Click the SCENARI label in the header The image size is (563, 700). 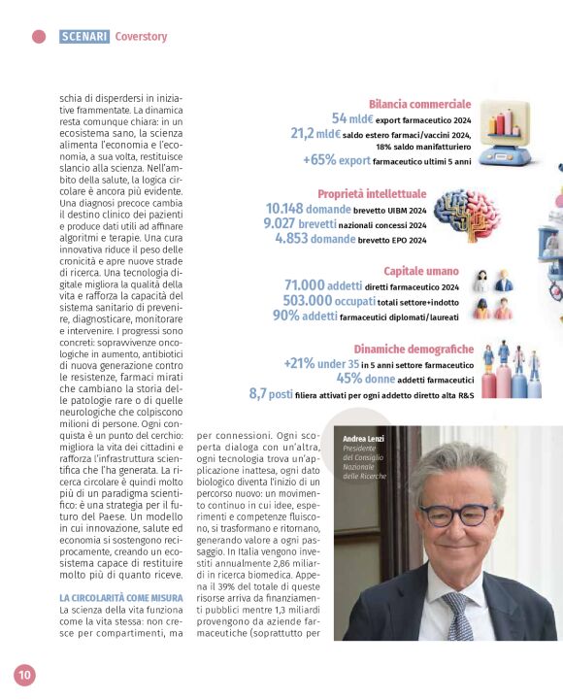pyautogui.click(x=84, y=37)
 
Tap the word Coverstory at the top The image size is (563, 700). pyautogui.click(x=141, y=37)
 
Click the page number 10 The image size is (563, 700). pyautogui.click(x=24, y=674)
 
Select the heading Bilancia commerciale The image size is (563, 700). pyautogui.click(x=419, y=104)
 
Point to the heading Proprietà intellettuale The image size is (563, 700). pyautogui.click(x=372, y=193)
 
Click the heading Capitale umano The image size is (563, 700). pyautogui.click(x=421, y=271)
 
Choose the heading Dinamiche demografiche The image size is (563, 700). pyautogui.click(x=414, y=349)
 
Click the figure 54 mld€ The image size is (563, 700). pyautogui.click(x=352, y=118)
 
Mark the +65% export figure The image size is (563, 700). pyautogui.click(x=337, y=160)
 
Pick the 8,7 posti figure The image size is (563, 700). pyautogui.click(x=271, y=393)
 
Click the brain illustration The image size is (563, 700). pyautogui.click(x=466, y=216)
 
